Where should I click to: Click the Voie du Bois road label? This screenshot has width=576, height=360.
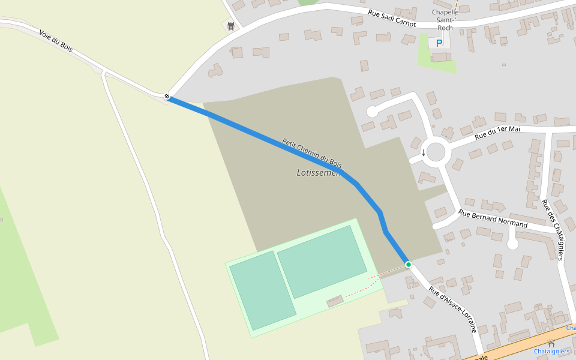pyautogui.click(x=56, y=41)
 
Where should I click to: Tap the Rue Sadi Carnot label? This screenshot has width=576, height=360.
pyautogui.click(x=392, y=18)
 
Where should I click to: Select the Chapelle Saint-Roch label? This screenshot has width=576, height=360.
pyautogui.click(x=445, y=20)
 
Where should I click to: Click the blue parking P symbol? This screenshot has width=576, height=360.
pyautogui.click(x=439, y=43)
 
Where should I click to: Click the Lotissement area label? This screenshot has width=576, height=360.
pyautogui.click(x=319, y=173)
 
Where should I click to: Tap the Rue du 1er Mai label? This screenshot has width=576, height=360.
pyautogui.click(x=497, y=133)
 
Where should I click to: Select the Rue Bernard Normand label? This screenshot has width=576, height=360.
pyautogui.click(x=493, y=219)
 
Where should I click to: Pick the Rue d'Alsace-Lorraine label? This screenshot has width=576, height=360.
pyautogui.click(x=453, y=309)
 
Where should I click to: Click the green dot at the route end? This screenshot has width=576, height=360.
pyautogui.click(x=409, y=265)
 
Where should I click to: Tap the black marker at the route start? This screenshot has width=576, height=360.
pyautogui.click(x=167, y=96)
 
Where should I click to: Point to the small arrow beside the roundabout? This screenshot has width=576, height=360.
pyautogui.click(x=423, y=153)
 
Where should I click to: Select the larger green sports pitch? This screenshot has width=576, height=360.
pyautogui.click(x=322, y=261)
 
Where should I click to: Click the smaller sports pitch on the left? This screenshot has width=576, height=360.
pyautogui.click(x=262, y=290)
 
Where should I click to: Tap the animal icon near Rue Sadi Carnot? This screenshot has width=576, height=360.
pyautogui.click(x=230, y=26)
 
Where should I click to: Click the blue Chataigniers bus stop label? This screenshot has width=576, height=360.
pyautogui.click(x=551, y=351)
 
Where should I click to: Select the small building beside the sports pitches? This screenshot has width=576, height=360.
pyautogui.click(x=335, y=301)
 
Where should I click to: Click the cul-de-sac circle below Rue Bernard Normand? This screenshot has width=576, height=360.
pyautogui.click(x=512, y=244)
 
